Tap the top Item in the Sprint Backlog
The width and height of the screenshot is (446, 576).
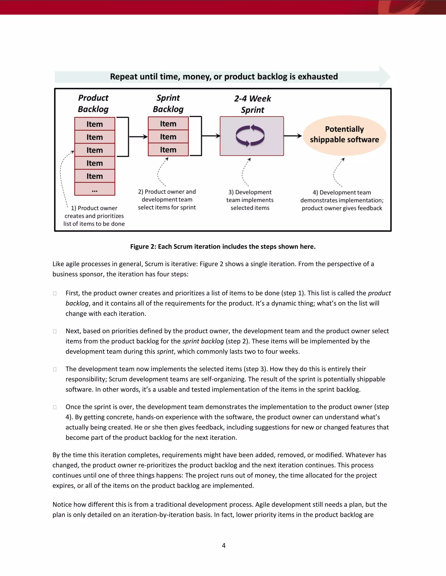168,123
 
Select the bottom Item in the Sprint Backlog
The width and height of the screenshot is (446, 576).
168,150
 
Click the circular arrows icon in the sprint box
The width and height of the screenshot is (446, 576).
250,136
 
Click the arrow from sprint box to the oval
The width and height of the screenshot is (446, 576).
293,136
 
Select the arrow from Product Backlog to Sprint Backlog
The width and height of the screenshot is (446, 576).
138,137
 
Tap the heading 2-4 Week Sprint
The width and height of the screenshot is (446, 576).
252,104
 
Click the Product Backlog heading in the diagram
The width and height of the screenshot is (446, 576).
93,103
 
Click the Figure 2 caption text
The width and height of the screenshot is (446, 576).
223,247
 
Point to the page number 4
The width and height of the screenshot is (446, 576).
223,545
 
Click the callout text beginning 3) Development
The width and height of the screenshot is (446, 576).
250,200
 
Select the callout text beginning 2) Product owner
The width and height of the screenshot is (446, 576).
167,199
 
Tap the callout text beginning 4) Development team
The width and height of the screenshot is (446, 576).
342,200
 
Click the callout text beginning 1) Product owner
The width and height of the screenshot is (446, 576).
94,216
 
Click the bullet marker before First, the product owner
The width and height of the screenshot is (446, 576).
55,293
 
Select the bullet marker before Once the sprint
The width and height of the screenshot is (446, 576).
55,407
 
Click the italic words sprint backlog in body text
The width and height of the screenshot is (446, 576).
203,341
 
